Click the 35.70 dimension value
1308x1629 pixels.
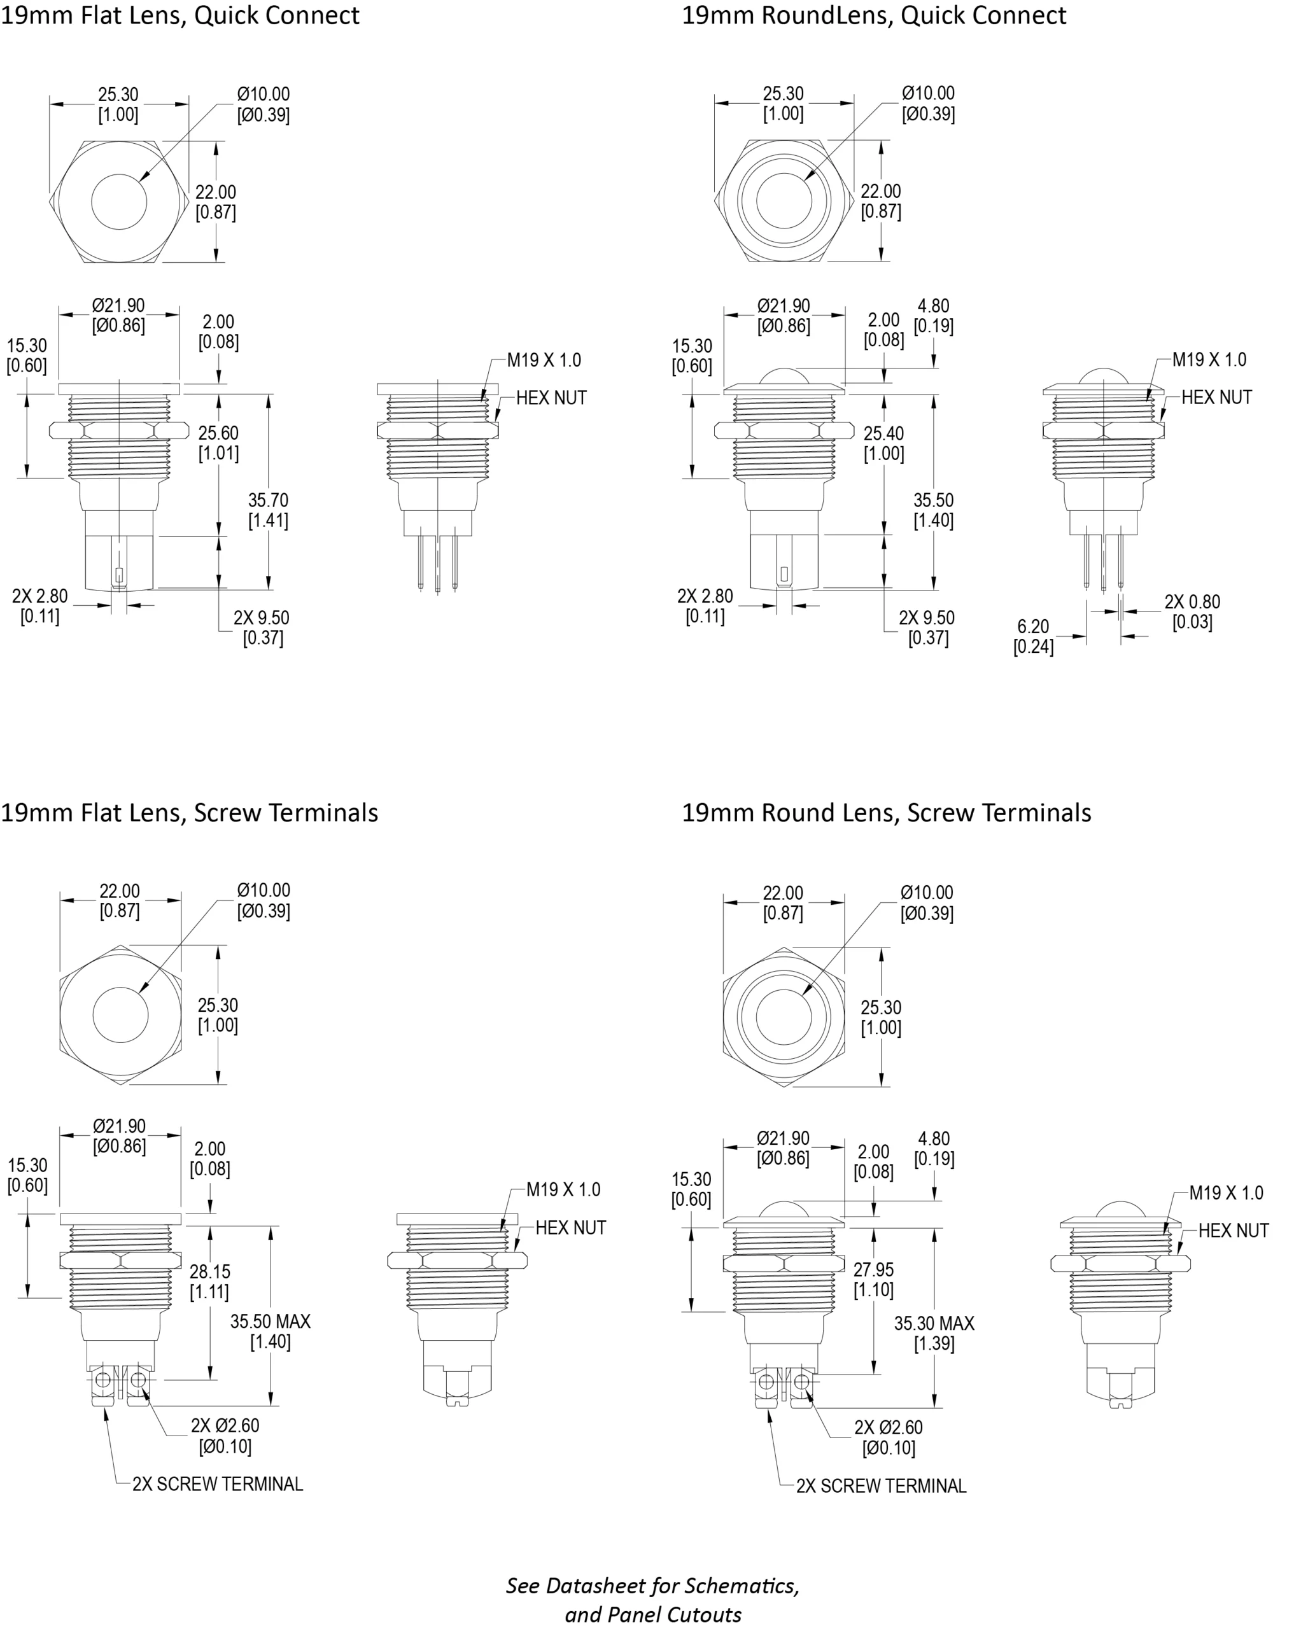(268, 500)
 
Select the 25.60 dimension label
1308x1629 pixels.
(218, 433)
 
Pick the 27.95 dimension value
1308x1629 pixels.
(873, 1269)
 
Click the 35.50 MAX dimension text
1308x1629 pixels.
(271, 1322)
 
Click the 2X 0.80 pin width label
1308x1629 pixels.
(1192, 602)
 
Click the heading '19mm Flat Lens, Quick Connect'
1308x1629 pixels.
(180, 16)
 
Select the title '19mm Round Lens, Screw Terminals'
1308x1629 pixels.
(887, 813)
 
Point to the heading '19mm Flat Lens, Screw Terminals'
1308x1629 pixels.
(189, 813)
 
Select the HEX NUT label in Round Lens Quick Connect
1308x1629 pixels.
(1216, 398)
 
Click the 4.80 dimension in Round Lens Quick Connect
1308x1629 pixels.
(934, 306)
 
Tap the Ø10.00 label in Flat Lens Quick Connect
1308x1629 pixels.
(264, 94)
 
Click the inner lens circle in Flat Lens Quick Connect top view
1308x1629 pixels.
(120, 202)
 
